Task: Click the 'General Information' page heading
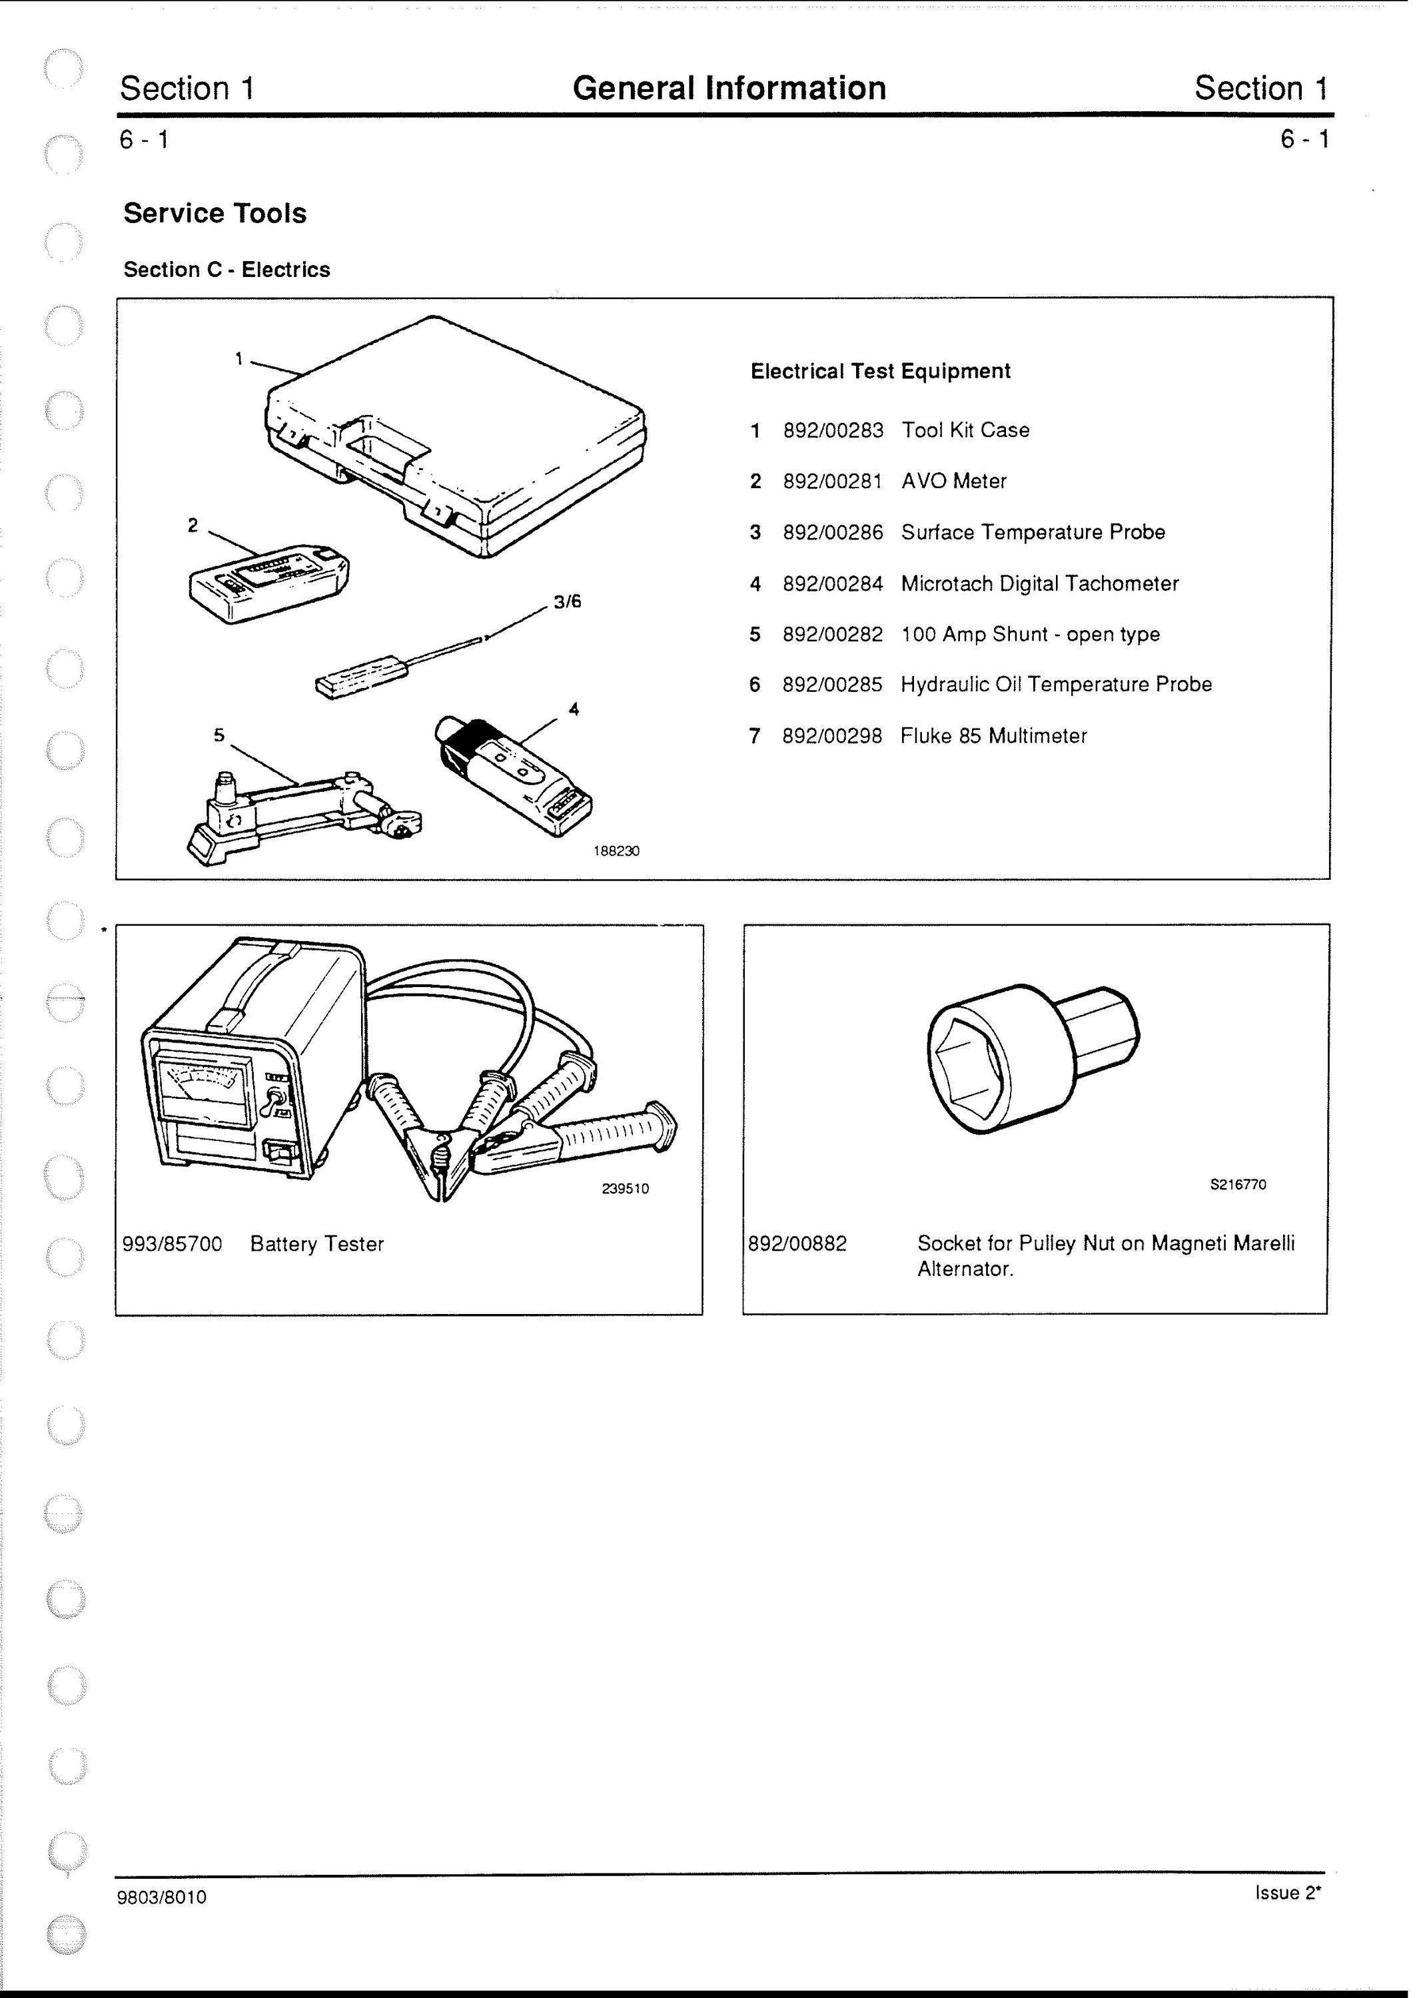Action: [x=729, y=88]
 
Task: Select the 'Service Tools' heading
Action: [x=215, y=213]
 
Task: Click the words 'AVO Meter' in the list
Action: [x=954, y=482]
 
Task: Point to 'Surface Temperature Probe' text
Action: [x=1033, y=532]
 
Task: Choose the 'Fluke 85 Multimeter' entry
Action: [x=994, y=736]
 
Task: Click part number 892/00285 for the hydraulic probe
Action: [x=832, y=685]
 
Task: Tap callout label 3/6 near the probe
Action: [x=567, y=602]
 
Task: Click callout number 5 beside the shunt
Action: [x=219, y=735]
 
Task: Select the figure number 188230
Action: [x=616, y=851]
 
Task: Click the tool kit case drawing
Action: [x=456, y=436]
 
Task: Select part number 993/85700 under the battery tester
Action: [x=173, y=1243]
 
